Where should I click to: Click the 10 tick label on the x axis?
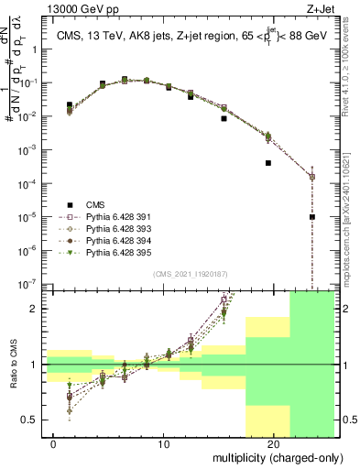(164, 443)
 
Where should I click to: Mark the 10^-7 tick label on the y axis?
(32, 284)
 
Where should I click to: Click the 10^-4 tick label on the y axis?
(32, 183)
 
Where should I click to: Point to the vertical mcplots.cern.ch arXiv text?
(351, 211)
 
